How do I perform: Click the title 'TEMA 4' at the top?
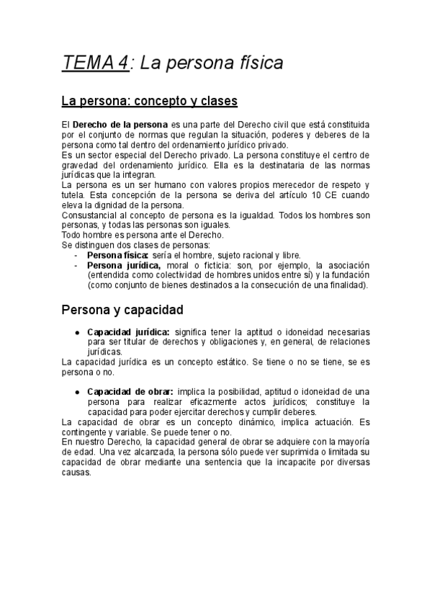[96, 63]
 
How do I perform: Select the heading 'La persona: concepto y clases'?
[149, 100]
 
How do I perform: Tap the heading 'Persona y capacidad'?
[122, 311]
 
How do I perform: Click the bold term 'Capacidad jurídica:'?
[128, 331]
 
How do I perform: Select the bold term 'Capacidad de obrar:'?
[130, 391]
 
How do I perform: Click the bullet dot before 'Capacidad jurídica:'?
[77, 332]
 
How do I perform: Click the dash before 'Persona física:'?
[77, 255]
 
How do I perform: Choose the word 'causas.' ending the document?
[77, 473]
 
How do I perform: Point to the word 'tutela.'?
[74, 195]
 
